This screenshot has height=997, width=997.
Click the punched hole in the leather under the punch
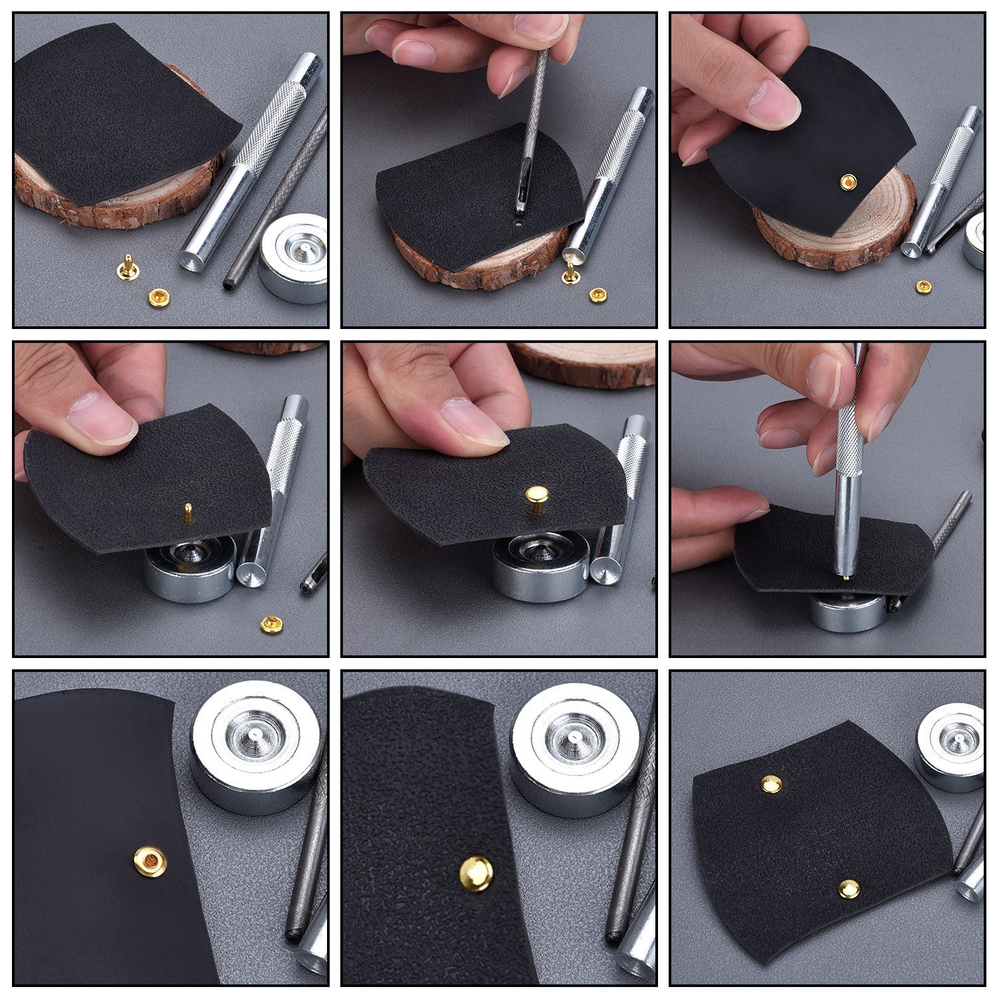tap(518, 225)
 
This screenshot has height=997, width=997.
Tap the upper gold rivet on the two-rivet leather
tap(771, 784)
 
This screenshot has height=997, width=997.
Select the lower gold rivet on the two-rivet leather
tap(849, 889)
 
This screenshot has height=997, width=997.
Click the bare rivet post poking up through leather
tap(188, 512)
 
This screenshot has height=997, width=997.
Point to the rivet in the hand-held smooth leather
tap(848, 181)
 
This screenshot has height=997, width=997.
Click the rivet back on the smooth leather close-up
tap(150, 862)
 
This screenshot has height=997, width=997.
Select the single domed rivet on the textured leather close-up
tap(477, 873)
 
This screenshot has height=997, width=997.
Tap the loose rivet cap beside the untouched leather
tap(158, 297)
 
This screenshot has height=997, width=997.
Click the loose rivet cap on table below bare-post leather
tap(271, 624)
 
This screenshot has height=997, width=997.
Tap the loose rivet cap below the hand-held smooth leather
tap(923, 286)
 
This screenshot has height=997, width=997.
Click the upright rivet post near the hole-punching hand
tap(570, 273)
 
